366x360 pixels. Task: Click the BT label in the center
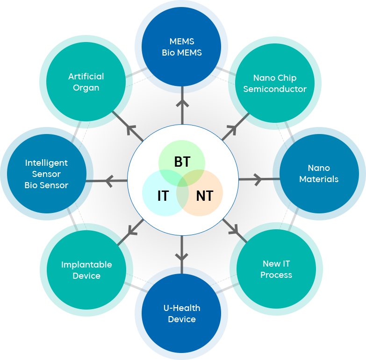pos(182,162)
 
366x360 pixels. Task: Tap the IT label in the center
pos(163,196)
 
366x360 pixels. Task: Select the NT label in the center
pos(204,196)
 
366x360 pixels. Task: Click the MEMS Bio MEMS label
pos(182,47)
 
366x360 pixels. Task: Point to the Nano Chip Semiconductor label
pos(275,83)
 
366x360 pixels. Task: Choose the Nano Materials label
pos(319,173)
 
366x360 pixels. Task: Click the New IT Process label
pos(276,269)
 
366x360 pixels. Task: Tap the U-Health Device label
pos(182,313)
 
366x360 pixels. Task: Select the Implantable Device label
pos(86,270)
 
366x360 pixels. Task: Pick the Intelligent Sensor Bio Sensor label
pos(47,174)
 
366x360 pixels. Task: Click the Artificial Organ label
pos(86,82)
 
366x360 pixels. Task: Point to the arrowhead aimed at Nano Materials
pos(258,178)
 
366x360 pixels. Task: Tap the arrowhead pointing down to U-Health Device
pos(182,255)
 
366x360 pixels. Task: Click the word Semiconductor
pos(275,89)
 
